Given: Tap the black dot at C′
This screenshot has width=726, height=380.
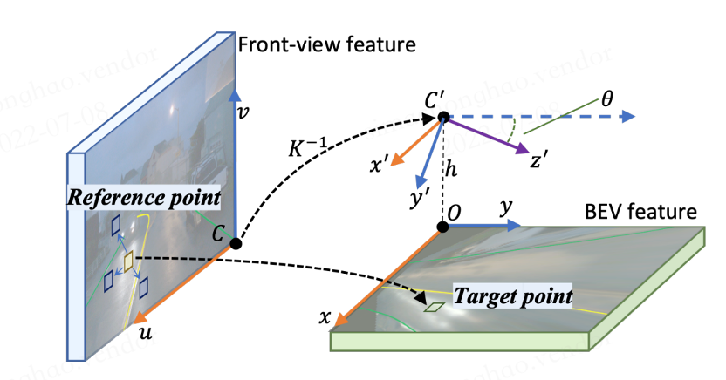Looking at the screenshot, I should click(443, 117).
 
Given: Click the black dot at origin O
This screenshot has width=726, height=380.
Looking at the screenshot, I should click(443, 227).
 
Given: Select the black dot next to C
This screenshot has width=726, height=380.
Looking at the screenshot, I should click(235, 243).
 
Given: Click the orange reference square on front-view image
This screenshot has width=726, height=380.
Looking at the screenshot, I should click(127, 262).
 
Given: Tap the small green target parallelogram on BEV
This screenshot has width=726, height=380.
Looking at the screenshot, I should click(434, 307).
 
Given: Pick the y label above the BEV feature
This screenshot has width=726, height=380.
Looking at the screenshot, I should click(503, 209).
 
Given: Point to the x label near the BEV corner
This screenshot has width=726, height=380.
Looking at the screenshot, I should click(325, 319).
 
